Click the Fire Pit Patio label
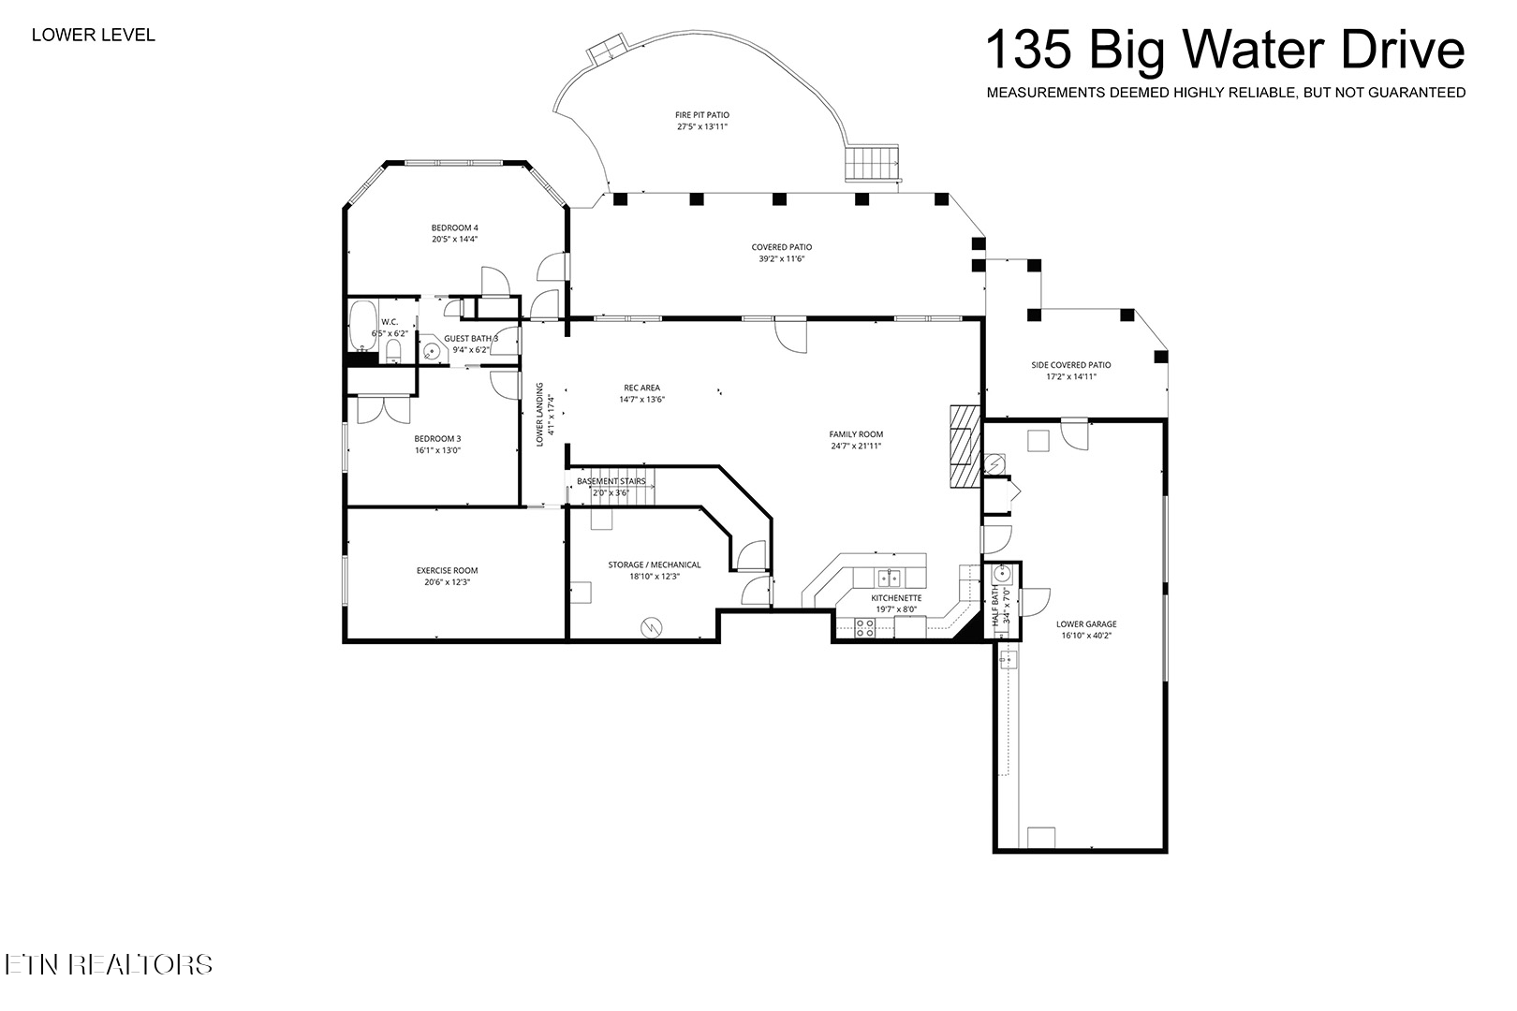(x=701, y=115)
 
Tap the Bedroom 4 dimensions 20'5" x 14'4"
(x=454, y=240)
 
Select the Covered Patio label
(x=781, y=248)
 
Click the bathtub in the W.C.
(x=361, y=324)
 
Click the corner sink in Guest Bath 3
(x=431, y=352)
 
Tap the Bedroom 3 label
(x=437, y=438)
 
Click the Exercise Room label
(x=447, y=571)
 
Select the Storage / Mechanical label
(x=654, y=565)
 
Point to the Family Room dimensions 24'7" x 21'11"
(x=856, y=447)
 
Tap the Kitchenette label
(x=896, y=598)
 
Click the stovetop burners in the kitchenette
(x=864, y=627)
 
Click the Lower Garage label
(x=1085, y=624)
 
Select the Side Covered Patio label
(x=1070, y=365)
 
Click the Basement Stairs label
(x=611, y=481)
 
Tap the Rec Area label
(x=641, y=388)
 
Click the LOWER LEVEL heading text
(x=93, y=36)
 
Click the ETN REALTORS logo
(x=108, y=964)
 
